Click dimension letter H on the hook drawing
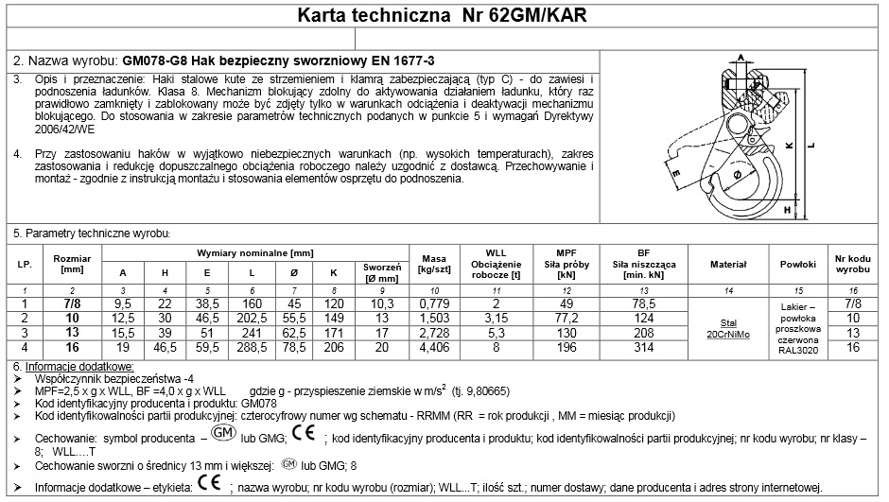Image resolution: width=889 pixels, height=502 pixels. pos(788,210)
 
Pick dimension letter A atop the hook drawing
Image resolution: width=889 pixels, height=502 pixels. pos(741,56)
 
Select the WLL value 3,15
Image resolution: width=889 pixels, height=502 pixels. pos(490,317)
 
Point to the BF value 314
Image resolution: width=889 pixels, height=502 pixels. pos(643,347)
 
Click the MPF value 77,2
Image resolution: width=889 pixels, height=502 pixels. pos(567,317)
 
